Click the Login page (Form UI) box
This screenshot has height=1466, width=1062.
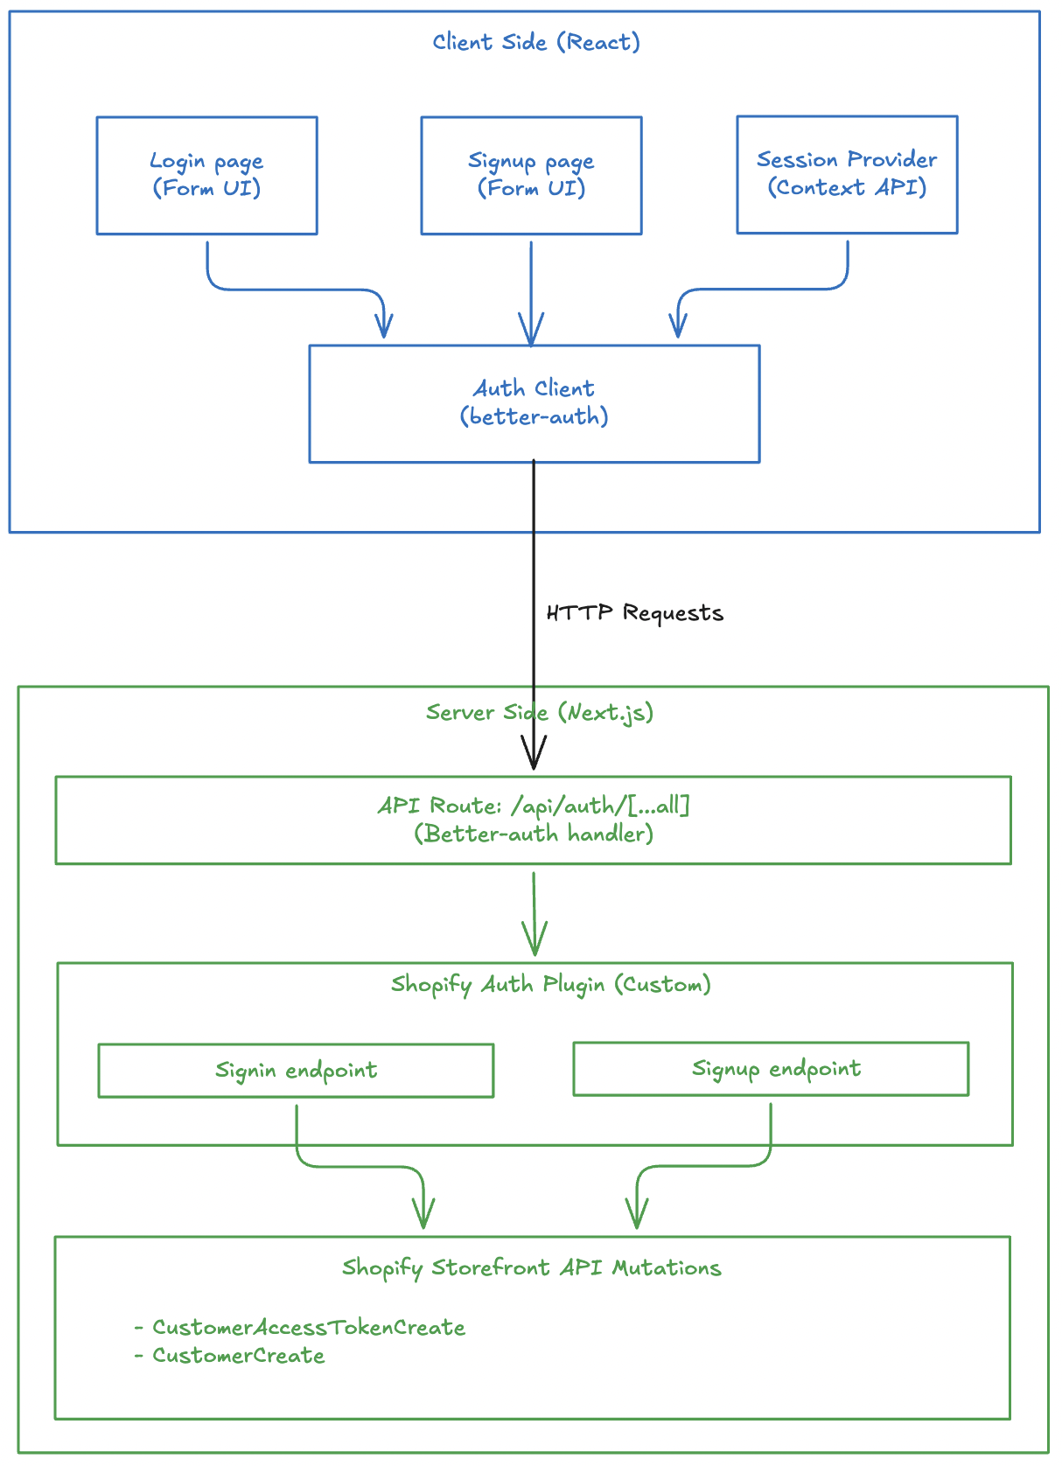click(x=206, y=175)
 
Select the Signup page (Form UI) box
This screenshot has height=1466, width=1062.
click(x=531, y=175)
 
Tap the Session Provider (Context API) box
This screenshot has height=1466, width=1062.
click(x=847, y=174)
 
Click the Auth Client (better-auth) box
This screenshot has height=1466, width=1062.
click(x=534, y=403)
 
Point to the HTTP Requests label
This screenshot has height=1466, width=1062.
click(x=634, y=613)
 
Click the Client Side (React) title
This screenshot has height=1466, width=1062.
click(x=536, y=42)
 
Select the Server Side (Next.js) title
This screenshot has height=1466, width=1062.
click(x=539, y=713)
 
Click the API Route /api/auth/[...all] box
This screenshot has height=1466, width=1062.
click(x=533, y=820)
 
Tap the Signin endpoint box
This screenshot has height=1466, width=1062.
click(x=296, y=1071)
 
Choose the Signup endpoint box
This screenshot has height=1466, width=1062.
click(x=771, y=1069)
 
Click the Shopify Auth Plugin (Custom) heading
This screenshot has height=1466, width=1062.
click(x=550, y=985)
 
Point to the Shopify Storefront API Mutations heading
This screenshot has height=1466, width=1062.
click(x=531, y=1268)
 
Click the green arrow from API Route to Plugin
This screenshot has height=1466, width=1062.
click(x=534, y=914)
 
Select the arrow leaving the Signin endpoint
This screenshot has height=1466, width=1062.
click(x=359, y=1166)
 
